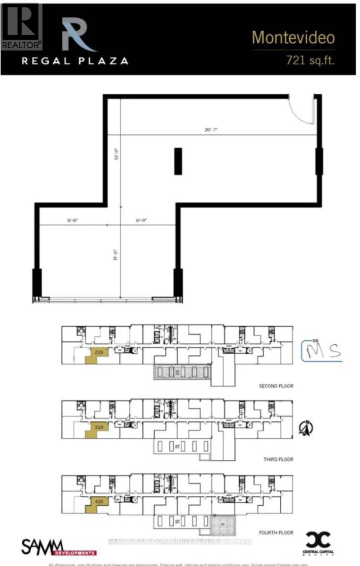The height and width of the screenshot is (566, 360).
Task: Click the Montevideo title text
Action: click(x=293, y=38)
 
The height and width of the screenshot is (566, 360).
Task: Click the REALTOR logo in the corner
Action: click(x=21, y=26)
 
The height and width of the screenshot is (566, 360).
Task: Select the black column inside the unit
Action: click(x=178, y=161)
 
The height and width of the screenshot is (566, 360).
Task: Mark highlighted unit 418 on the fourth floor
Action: click(x=98, y=502)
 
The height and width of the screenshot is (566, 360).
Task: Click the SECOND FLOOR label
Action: click(x=276, y=386)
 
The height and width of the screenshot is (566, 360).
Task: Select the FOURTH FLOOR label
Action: click(x=276, y=533)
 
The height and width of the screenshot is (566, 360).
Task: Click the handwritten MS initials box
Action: click(x=321, y=351)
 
